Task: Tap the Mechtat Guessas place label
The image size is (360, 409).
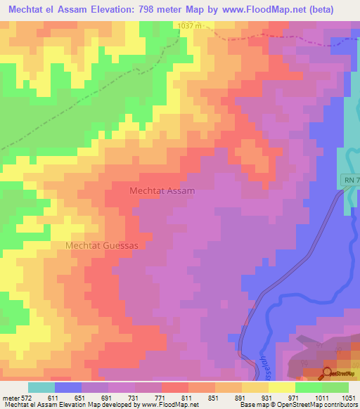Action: tap(102, 245)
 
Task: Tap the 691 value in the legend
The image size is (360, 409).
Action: tap(108, 397)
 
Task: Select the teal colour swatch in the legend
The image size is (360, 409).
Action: tap(41, 387)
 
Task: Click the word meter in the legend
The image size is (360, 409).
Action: tap(9, 397)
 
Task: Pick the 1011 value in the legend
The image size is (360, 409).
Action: tap(321, 397)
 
